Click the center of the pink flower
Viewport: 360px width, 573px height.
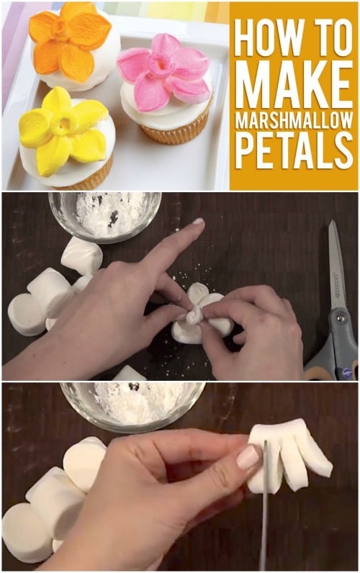click(x=160, y=64)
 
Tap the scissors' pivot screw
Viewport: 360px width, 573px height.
click(x=341, y=318)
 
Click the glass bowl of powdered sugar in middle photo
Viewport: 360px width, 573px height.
click(x=105, y=217)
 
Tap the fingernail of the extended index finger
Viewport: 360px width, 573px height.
click(x=199, y=221)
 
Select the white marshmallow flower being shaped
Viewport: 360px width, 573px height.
click(x=201, y=314)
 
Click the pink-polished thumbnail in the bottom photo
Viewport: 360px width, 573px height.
click(x=248, y=457)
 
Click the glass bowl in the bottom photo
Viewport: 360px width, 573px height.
click(x=132, y=405)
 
